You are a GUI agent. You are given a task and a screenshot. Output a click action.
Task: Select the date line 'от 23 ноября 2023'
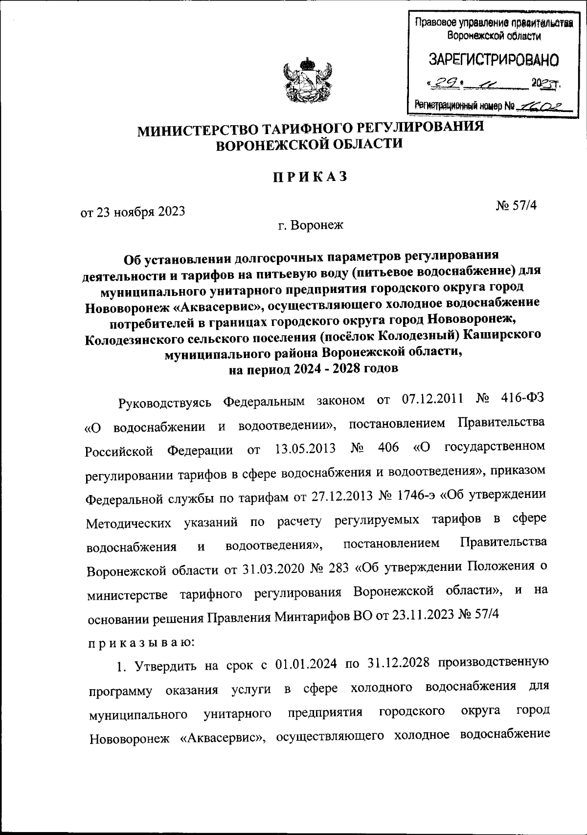coord(133,211)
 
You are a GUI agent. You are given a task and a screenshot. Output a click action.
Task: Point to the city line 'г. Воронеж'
coord(311,226)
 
